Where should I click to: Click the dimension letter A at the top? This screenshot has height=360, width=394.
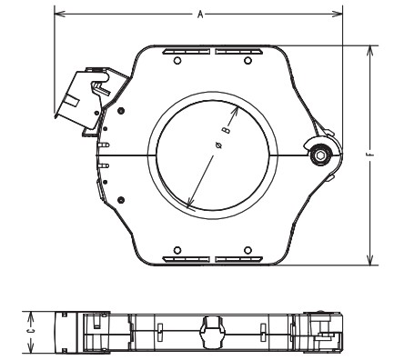pyautogui.click(x=200, y=14)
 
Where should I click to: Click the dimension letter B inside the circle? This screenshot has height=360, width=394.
pyautogui.click(x=226, y=131)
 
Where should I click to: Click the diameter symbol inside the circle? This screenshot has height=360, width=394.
pyautogui.click(x=219, y=145)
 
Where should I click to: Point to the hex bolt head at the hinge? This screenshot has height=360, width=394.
pyautogui.click(x=319, y=155)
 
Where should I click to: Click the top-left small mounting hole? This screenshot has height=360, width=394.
pyautogui.click(x=177, y=61)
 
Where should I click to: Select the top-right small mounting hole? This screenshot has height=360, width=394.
pyautogui.click(x=248, y=61)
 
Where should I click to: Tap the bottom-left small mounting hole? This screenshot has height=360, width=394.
pyautogui.click(x=177, y=250)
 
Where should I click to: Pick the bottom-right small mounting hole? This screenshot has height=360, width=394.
pyautogui.click(x=248, y=250)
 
